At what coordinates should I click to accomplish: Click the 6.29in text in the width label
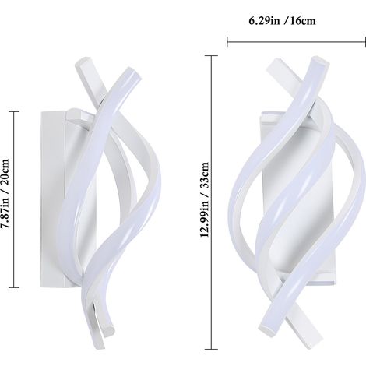(264, 21)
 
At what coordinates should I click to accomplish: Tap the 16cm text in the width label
(303, 21)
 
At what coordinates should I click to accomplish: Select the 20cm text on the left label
(5, 171)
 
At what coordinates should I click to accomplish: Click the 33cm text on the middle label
(205, 174)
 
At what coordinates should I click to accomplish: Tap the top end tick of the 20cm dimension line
(14, 111)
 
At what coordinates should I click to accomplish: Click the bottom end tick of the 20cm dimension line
(14, 287)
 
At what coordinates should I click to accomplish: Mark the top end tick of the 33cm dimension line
(212, 56)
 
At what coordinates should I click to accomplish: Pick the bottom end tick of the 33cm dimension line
(212, 349)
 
